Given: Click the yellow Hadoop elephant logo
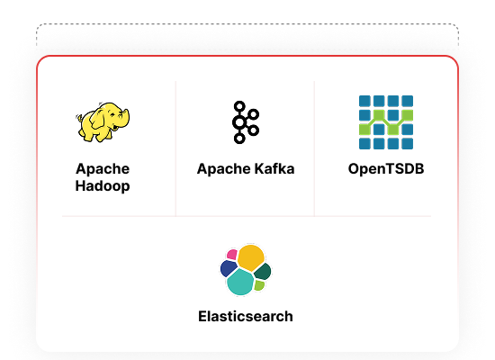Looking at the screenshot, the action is pos(103,121).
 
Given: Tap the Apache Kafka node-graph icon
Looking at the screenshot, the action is pos(246,122).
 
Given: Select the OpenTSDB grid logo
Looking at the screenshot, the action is pos(386,122).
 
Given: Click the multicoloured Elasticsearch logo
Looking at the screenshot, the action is pos(246,270).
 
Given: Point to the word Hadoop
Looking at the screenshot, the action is pos(103,185).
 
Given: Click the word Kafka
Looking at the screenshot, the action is pos(274,168).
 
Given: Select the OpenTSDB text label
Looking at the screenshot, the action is pos(386,168).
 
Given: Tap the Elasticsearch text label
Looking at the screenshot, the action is pos(246,317).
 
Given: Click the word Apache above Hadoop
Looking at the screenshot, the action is pos(103,169).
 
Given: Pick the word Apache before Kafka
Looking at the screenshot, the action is pos(224,169).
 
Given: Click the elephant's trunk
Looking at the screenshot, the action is pos(125,119).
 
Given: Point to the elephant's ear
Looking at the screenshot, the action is pos(98,121).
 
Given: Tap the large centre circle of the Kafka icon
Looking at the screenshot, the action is pos(239,122).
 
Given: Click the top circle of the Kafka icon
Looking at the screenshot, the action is pos(239,106).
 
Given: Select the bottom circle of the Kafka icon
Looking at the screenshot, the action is pos(239,139).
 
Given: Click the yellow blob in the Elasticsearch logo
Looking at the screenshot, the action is pos(251,257).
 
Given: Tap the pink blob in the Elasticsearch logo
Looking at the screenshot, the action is pos(232,254).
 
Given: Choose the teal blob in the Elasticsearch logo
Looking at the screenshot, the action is pos(240,282).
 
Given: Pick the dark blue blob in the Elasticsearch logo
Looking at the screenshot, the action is pos(229,268).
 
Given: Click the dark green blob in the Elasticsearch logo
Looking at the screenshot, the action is pos(263,271).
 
